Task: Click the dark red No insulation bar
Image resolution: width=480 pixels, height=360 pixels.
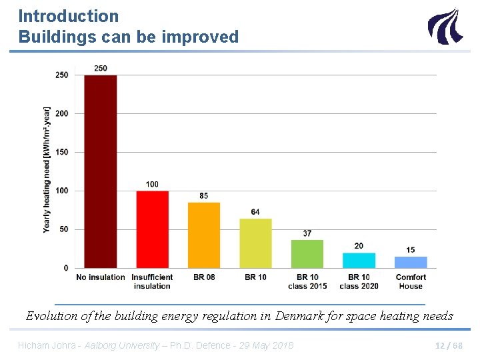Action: coord(100,171)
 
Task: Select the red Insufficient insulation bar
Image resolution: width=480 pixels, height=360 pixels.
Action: coord(152,229)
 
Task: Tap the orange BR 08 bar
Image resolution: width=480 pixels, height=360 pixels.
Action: coord(203,235)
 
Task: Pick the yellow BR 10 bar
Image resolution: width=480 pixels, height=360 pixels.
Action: coord(255,243)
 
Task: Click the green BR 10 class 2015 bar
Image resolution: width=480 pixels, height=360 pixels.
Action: coord(307,254)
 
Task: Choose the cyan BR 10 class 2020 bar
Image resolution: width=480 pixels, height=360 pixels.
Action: coord(359,261)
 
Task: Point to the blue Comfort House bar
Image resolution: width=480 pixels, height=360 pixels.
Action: coord(411,262)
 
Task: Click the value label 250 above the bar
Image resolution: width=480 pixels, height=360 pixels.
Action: coord(101,69)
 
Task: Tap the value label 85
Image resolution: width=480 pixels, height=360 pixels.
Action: coord(203,196)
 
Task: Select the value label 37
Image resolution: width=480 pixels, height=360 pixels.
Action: coord(307,233)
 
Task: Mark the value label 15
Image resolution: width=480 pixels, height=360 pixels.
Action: coord(411,250)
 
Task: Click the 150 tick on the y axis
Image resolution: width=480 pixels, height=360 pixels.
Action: coord(61,152)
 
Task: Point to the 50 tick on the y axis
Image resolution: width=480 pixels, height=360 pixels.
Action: coord(63,229)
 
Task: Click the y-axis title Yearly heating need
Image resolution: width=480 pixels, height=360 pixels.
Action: coord(47,169)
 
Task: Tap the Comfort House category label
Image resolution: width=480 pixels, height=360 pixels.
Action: coord(411,281)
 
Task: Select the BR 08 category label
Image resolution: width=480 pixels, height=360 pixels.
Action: coord(203,277)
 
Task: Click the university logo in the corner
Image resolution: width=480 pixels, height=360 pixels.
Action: coord(444,26)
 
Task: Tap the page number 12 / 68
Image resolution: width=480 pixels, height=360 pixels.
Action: coord(448,345)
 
